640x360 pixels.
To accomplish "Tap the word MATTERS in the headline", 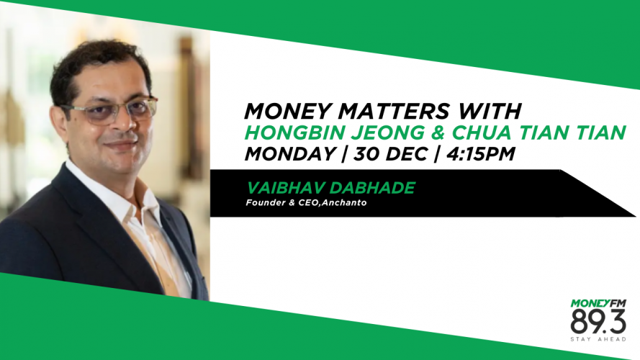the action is pyautogui.click(x=394, y=111).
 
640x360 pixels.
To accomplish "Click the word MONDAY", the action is pyautogui.click(x=290, y=154).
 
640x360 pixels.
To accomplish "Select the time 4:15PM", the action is pyautogui.click(x=481, y=154).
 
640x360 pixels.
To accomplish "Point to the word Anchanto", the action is pyautogui.click(x=344, y=202).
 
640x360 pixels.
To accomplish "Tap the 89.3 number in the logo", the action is pyautogui.click(x=598, y=322).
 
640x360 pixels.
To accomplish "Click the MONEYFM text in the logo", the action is pyautogui.click(x=598, y=303).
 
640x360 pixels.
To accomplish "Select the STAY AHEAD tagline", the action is pyautogui.click(x=598, y=339).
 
